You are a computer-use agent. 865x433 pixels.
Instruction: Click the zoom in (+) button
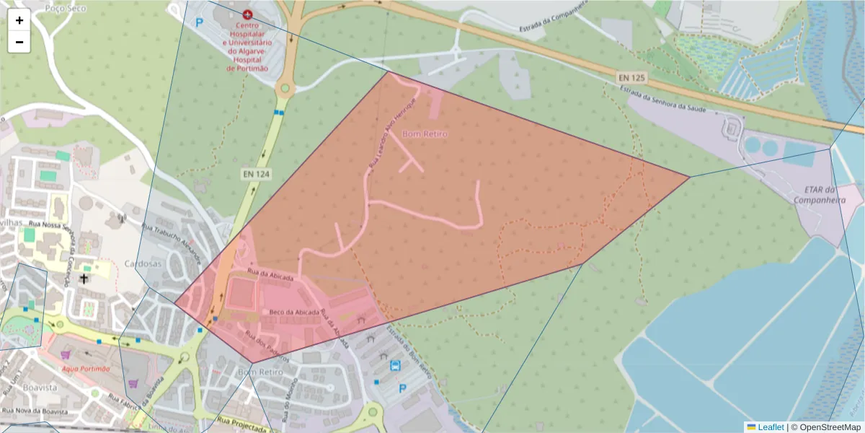pos(19,20)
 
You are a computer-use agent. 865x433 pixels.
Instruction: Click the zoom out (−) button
pos(19,42)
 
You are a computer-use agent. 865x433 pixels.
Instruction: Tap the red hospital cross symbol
pos(248,14)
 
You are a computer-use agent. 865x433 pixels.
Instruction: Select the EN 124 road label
pos(252,174)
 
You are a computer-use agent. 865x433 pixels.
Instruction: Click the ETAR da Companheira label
pos(819,194)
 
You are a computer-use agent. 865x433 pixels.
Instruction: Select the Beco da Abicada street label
pos(294,312)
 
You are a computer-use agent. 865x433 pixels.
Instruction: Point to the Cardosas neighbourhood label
pos(143,263)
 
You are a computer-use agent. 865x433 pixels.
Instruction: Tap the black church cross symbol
pos(84,278)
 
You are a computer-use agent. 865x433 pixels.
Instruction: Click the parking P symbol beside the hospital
pos(200,22)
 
